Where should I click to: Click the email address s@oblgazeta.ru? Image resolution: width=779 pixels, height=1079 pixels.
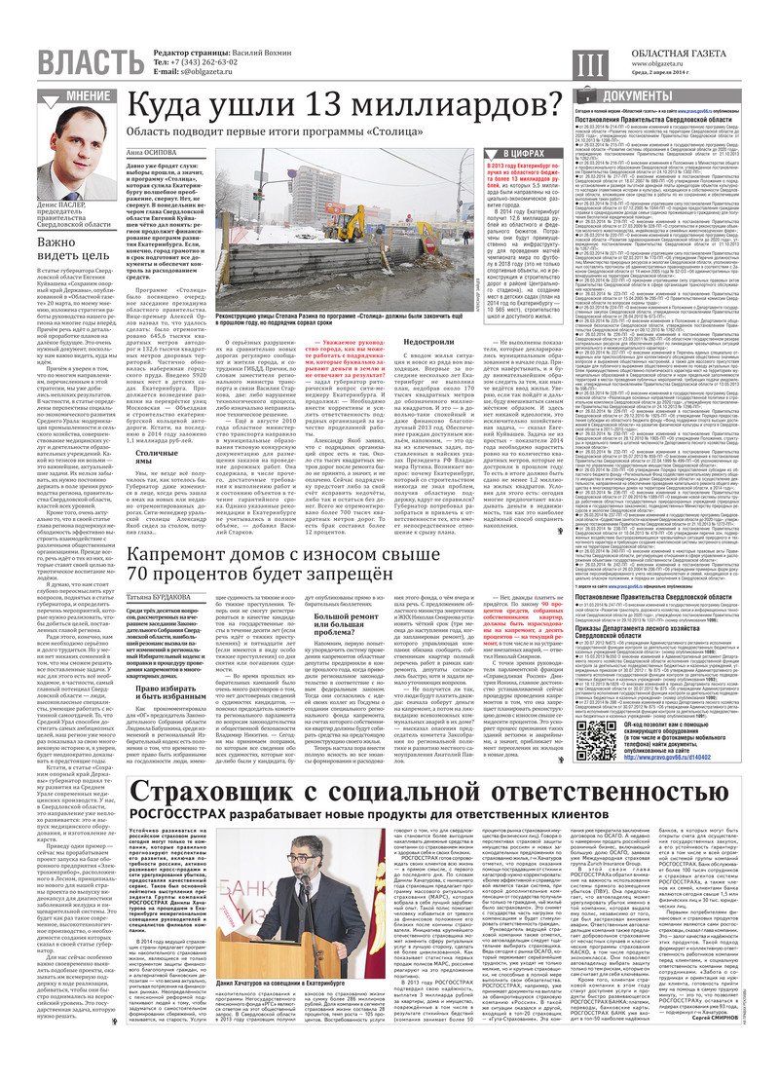[x=202, y=71]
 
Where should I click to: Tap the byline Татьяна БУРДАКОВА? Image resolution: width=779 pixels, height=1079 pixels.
[x=160, y=596]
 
